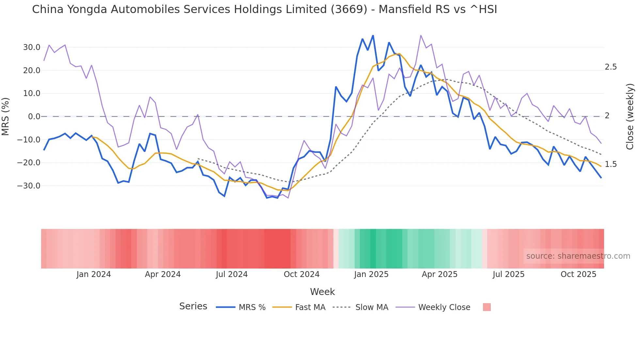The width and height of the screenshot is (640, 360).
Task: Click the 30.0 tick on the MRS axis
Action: (31, 47)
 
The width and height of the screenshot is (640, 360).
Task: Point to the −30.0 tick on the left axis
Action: (29, 186)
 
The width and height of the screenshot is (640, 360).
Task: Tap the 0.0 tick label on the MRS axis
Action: (34, 117)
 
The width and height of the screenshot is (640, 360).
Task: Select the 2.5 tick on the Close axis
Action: (611, 67)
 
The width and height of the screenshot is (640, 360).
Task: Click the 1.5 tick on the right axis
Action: (611, 164)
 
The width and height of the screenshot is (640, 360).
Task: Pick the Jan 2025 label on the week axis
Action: (371, 274)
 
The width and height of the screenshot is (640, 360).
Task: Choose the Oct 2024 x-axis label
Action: (301, 274)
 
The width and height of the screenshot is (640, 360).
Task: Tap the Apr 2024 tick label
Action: (163, 274)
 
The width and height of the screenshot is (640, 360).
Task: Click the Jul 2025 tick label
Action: (508, 274)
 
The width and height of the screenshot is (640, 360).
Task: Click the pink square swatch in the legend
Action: (487, 307)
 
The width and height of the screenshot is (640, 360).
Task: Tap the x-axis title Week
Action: (322, 292)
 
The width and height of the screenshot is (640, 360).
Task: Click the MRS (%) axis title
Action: (6, 117)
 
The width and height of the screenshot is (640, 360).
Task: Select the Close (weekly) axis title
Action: (630, 117)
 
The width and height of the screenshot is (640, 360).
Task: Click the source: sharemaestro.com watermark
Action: (578, 256)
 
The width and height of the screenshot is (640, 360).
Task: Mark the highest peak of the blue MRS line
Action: (373, 36)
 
